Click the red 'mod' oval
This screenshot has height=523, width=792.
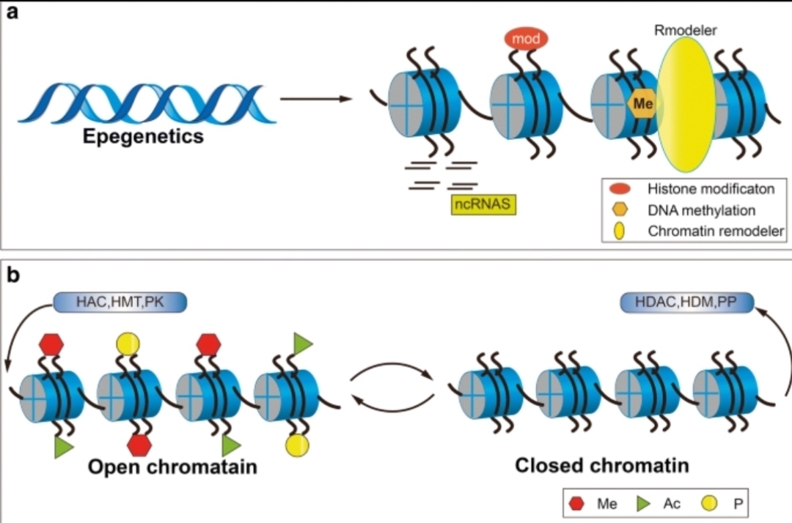coord(526,38)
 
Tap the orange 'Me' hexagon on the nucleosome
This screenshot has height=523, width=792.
coord(642,103)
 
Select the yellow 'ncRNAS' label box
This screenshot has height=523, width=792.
coord(483,204)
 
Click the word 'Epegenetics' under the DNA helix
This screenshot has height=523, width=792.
coord(143,136)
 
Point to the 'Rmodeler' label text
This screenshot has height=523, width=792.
coord(686,30)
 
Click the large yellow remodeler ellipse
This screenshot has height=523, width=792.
coord(685,105)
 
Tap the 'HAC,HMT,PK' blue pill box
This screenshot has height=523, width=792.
coord(120,302)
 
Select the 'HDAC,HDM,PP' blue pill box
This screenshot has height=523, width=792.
coord(686,303)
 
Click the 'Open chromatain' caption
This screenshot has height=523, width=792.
coord(173,467)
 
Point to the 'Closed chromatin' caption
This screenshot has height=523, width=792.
coord(601,465)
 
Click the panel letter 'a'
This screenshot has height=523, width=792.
coord(12,12)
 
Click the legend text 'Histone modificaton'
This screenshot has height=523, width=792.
coord(711,189)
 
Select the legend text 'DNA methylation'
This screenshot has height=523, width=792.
coord(702,210)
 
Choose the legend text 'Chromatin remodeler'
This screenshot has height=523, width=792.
coord(716,231)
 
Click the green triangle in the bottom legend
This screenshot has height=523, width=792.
coord(643,503)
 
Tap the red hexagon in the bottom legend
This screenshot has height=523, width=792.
coord(577,503)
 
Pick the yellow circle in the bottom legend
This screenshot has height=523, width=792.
coord(710,503)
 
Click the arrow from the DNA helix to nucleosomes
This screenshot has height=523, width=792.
coord(316,99)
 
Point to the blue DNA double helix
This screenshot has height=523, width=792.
coord(147,103)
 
